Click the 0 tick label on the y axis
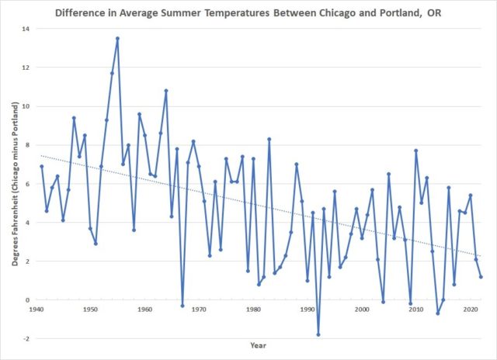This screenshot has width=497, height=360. click(26, 299)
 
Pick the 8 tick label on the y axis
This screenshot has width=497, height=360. click(26, 145)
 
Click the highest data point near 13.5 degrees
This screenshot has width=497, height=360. click(117, 38)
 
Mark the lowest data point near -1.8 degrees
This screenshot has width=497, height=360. click(318, 334)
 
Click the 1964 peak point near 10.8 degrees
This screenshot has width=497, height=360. click(166, 91)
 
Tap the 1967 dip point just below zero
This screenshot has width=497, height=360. click(182, 306)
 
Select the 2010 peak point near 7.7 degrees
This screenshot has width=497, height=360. click(416, 151)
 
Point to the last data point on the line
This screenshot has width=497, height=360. click(481, 277)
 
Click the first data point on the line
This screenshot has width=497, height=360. click(41, 166)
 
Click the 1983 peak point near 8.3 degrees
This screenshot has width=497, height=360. click(269, 139)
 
